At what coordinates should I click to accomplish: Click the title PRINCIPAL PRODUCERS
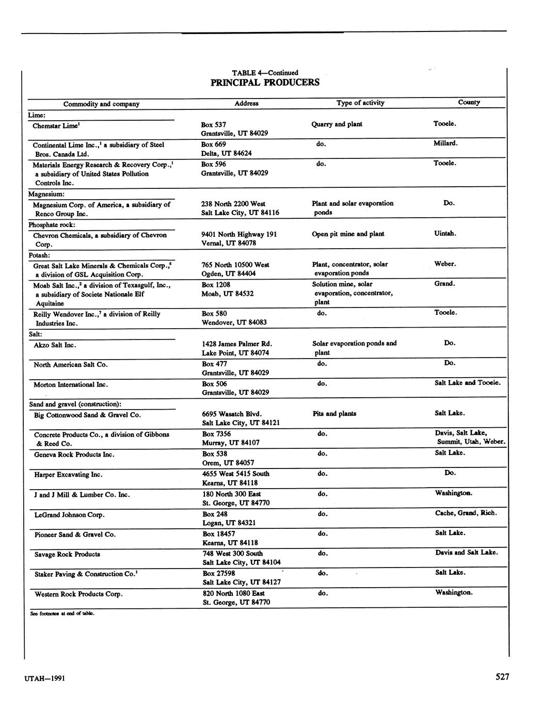pos(265,83)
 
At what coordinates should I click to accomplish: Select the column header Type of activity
pos(360,103)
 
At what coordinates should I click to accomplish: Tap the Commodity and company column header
pos(101,104)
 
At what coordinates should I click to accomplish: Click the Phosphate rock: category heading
pos(52,225)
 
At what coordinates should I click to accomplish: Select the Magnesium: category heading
pos(46,194)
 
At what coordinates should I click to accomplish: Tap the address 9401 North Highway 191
pos(239,234)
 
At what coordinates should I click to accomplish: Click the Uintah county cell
pos(445,233)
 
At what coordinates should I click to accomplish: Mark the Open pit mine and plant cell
pos(348,234)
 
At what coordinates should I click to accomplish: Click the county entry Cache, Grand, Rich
pos(466,513)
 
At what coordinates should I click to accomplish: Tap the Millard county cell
pos(445,143)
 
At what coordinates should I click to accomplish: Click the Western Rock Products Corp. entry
pos(78,594)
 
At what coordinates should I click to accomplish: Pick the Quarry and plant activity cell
pos(337,124)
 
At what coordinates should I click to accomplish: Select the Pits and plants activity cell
pos(334,414)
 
